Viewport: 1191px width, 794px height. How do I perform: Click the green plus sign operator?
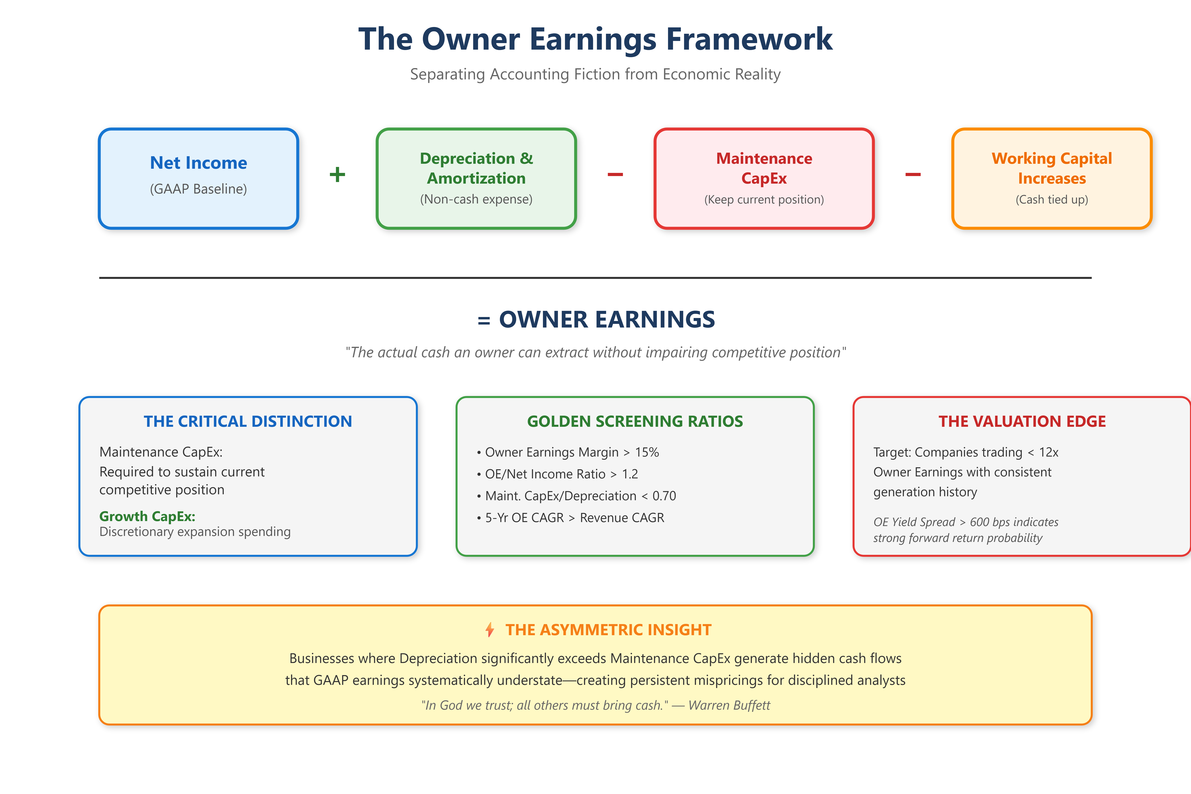[x=337, y=175]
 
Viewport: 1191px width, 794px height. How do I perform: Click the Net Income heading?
[x=198, y=163]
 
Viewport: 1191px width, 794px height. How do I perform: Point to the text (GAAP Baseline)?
[x=198, y=189]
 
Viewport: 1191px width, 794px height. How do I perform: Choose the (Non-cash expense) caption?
[x=476, y=199]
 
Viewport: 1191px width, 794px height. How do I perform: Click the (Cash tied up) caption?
[x=1052, y=199]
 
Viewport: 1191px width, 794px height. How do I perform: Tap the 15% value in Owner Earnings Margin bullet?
[x=647, y=452]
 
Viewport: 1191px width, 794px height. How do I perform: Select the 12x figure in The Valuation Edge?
[x=1049, y=452]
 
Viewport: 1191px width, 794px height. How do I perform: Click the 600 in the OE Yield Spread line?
[x=980, y=522]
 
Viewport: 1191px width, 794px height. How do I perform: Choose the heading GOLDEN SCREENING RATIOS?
[x=635, y=421]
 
